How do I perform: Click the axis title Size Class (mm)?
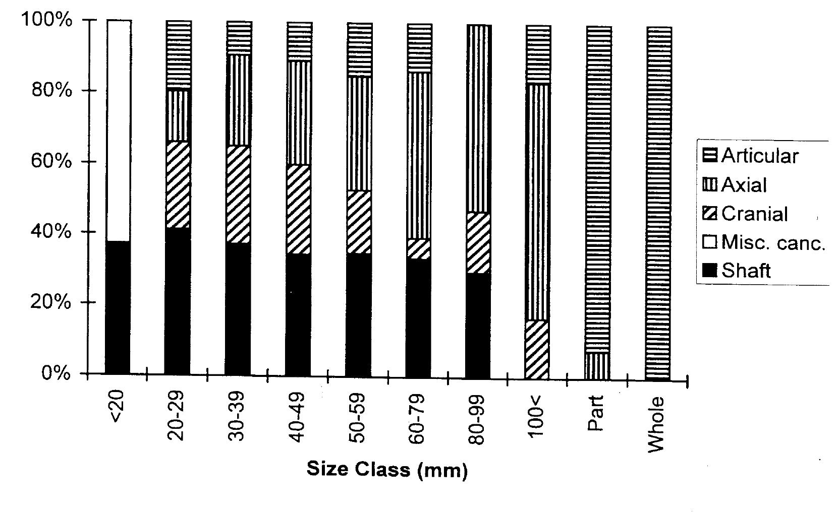click(x=387, y=470)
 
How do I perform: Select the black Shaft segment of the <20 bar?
click(x=118, y=307)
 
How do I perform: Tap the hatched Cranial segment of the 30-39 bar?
click(x=238, y=195)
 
